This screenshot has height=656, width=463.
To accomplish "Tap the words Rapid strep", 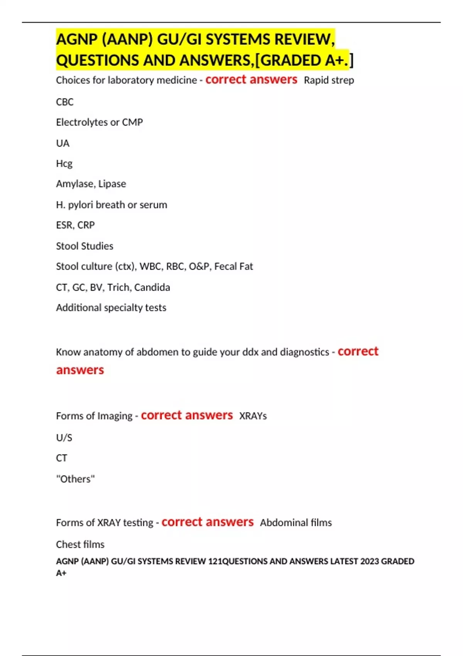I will point(329,80).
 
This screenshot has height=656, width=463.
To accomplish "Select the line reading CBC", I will point(64,102).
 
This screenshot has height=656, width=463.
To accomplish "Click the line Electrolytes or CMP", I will point(99,122).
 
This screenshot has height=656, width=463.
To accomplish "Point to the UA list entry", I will point(63,144).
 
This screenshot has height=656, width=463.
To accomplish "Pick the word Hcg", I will point(64,164).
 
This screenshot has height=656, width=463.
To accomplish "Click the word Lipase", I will point(112,184).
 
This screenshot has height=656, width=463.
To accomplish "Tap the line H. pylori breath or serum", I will point(112,205).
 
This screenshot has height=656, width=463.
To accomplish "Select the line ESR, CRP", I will point(75,225).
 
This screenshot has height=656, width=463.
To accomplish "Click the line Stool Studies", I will point(84,246).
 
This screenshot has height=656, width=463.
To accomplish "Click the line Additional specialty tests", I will point(111,308).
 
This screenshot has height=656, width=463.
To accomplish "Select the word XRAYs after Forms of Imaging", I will point(253,416).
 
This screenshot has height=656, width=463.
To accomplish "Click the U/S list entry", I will point(64,438).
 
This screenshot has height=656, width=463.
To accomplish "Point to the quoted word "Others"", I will point(75,479).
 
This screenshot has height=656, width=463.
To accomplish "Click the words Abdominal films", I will point(296,523).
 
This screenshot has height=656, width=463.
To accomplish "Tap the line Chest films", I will point(80,544).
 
